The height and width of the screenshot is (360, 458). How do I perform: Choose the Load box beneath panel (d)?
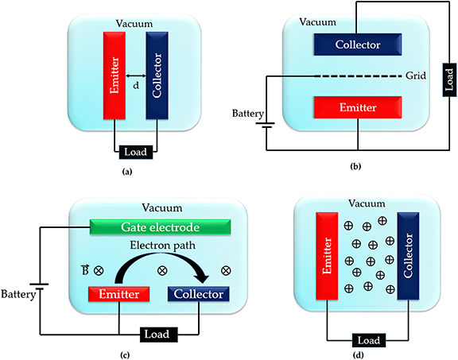click(370, 340)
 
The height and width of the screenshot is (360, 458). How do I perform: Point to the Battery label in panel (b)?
click(245, 113)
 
